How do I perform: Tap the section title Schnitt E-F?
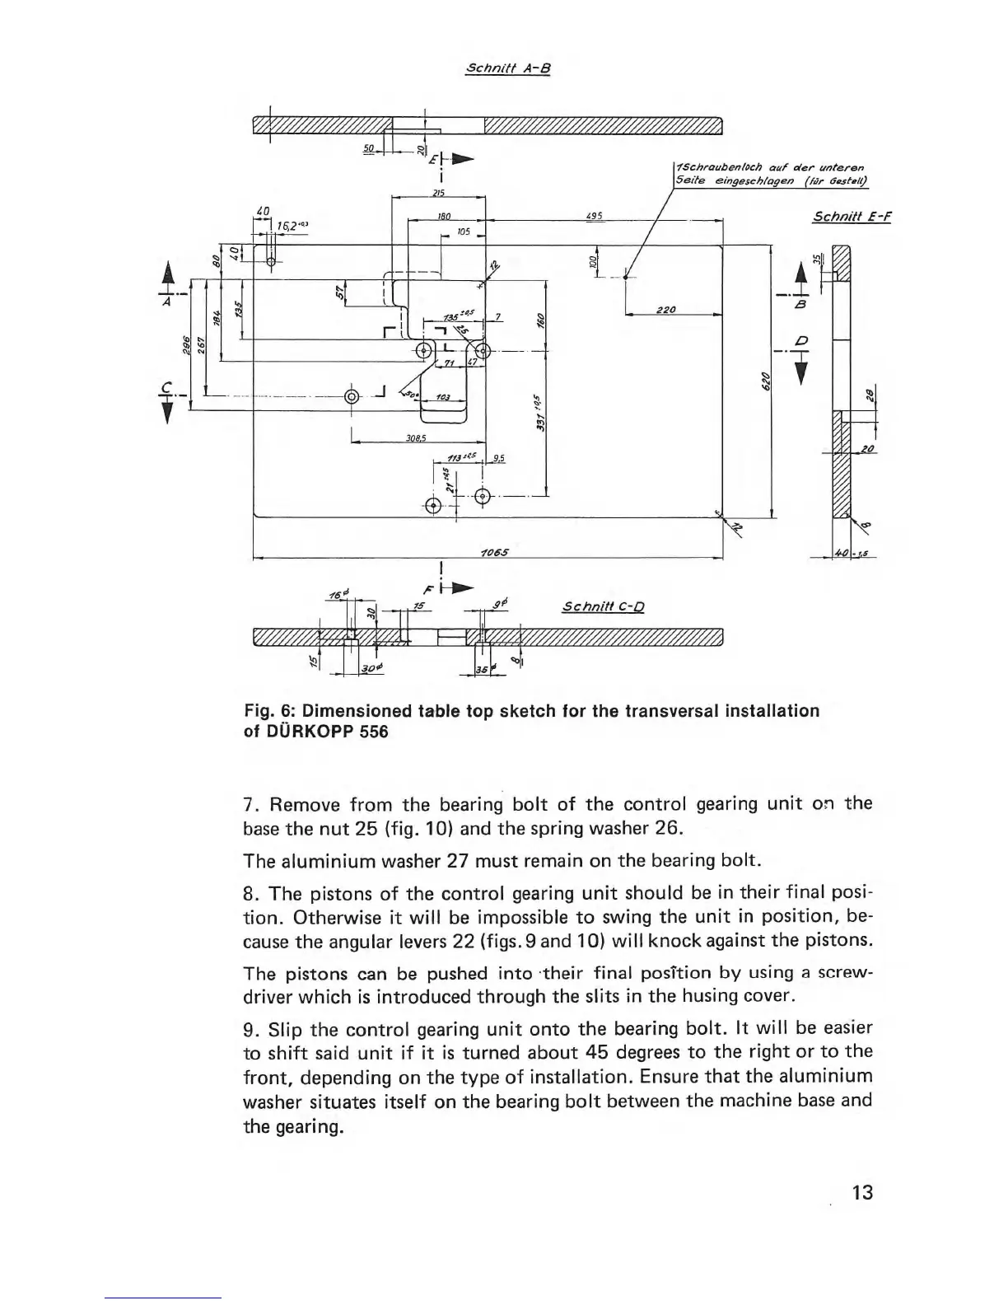point(852,217)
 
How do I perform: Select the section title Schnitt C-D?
point(602,608)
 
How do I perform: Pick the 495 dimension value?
point(595,216)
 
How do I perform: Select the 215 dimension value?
point(439,192)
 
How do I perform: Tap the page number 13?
point(861,1191)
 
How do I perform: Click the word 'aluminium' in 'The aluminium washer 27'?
point(316,861)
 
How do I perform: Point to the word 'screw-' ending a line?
point(845,973)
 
